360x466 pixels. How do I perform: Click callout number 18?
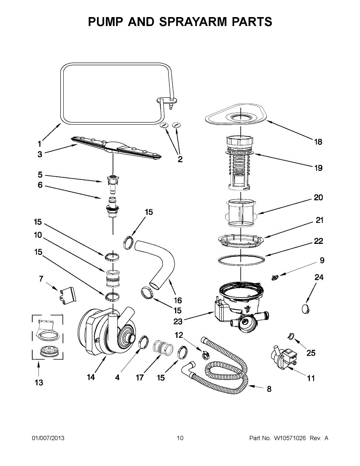point(318,142)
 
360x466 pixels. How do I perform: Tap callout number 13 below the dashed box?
point(38,383)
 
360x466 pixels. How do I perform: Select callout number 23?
point(178,321)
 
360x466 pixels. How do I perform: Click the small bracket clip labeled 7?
point(68,294)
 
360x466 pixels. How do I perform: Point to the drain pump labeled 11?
point(281,357)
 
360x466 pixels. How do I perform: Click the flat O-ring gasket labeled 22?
point(241,259)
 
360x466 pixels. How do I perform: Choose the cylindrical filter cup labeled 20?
point(241,212)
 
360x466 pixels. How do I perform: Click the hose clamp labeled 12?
point(203,353)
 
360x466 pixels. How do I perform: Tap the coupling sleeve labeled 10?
point(112,276)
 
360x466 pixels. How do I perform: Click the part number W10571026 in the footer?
point(290,438)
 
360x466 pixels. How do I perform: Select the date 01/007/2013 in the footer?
point(48,438)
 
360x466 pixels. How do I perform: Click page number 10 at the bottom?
point(180,438)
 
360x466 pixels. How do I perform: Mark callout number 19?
point(318,168)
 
